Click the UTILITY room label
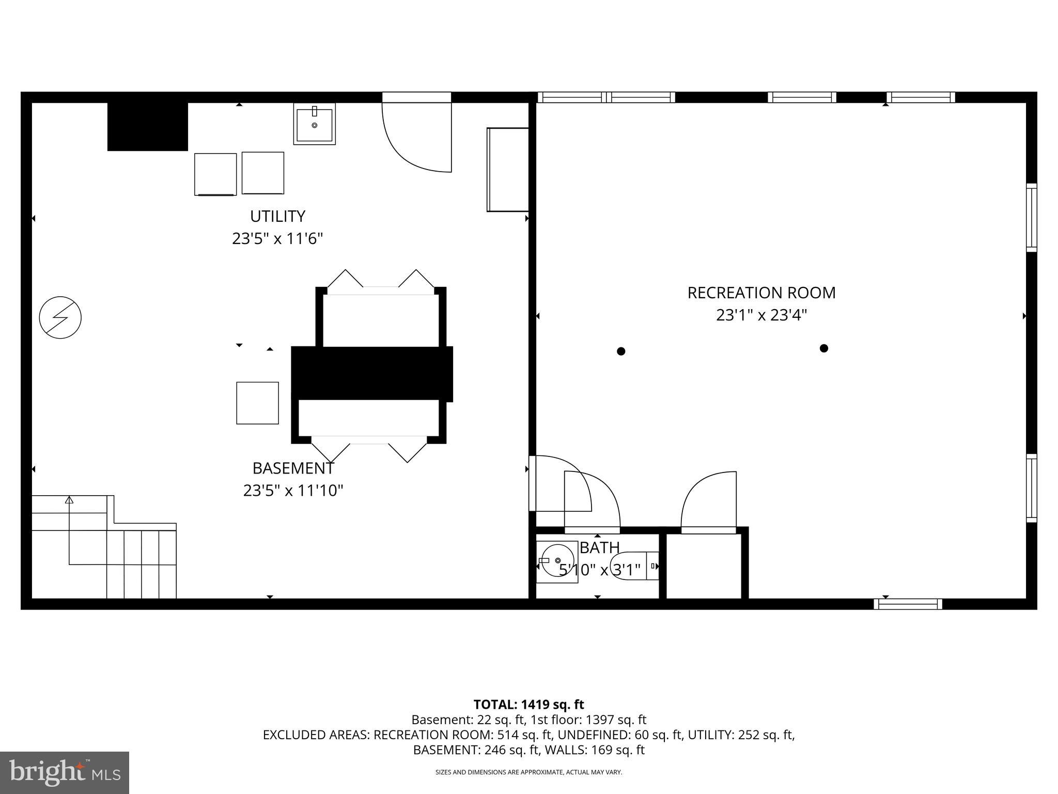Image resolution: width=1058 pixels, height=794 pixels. tap(277, 216)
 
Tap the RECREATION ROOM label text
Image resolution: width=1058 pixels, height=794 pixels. tap(761, 293)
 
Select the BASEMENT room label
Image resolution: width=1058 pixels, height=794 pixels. tap(293, 468)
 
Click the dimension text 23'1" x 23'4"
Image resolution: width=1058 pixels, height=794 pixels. tap(761, 315)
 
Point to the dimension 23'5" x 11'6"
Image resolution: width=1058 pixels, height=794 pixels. tap(277, 239)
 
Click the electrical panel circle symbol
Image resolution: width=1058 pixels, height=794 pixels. tap(60, 317)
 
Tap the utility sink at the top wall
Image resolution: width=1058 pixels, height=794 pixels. tap(314, 124)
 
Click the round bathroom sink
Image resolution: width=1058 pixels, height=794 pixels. tap(557, 561)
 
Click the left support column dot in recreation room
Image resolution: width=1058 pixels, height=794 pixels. tap(621, 351)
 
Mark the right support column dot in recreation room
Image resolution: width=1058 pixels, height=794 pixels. tap(824, 348)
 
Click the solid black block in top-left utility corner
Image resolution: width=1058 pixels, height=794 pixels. tap(147, 127)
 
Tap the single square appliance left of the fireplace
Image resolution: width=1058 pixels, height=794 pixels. tap(257, 403)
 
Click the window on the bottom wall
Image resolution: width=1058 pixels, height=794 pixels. tap(908, 604)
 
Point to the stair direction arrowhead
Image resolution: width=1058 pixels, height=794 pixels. tap(69, 499)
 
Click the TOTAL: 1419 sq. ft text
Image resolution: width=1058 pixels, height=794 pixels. tap(528, 705)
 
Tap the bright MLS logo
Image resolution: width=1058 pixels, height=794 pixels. tap(65, 772)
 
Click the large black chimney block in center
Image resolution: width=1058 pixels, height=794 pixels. tap(372, 374)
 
